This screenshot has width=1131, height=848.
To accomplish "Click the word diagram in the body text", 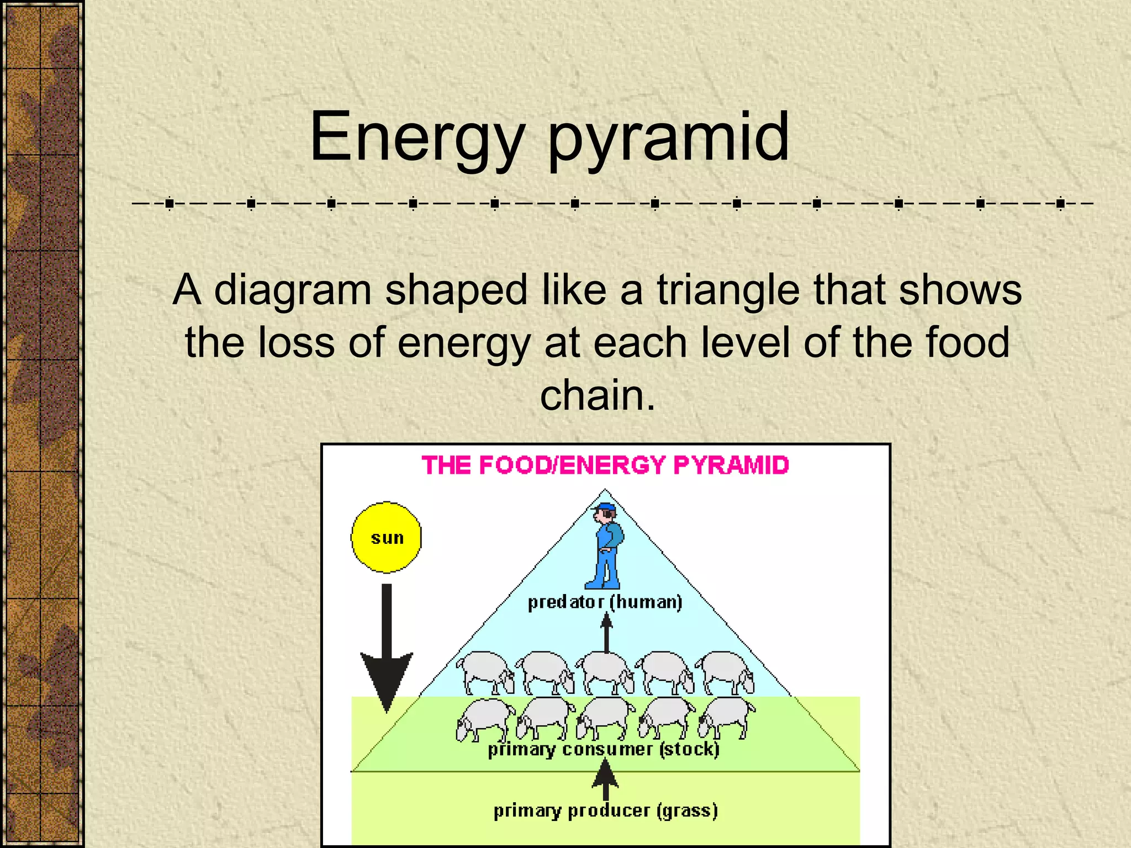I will pos(293,291).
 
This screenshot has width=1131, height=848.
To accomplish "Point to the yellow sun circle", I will pos(387,537).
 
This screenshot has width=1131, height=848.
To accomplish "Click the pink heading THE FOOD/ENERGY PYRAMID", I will pos(605,465).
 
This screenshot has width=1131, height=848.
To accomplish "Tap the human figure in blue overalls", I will pos(606,547).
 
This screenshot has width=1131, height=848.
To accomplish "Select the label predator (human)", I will pos(605,602).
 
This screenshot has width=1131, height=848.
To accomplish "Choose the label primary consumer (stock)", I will pos(604,750).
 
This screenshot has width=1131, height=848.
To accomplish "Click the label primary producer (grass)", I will pos(605,811).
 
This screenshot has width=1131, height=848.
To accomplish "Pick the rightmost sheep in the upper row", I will pos(725,671).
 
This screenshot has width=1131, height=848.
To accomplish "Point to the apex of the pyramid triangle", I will pos(605,490).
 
